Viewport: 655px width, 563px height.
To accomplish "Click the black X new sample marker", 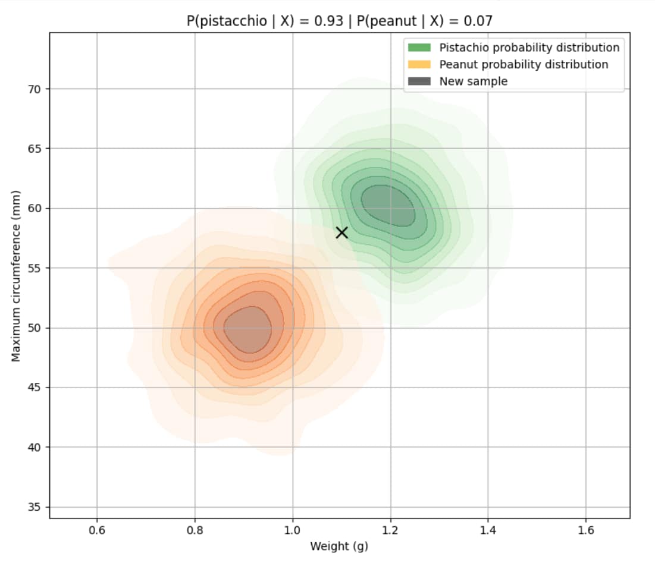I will [x=341, y=232].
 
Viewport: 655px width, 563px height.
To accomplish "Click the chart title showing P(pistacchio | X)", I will [x=339, y=21].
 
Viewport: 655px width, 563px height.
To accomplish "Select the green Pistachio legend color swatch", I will [x=418, y=47].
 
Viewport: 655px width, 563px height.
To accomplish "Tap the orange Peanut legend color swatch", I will [x=418, y=64].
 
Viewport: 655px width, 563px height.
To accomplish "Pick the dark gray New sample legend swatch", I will [x=418, y=81].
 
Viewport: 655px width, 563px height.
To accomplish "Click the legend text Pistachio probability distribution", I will [x=529, y=47].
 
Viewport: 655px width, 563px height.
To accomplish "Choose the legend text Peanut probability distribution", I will [x=524, y=64].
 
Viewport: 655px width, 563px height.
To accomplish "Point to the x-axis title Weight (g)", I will [x=339, y=546].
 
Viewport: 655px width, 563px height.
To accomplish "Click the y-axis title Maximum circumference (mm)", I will [x=17, y=275].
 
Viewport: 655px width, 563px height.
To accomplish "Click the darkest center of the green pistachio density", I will [x=387, y=205].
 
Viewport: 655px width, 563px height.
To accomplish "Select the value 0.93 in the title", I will [x=330, y=21].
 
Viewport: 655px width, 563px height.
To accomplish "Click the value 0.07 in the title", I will [x=478, y=21].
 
